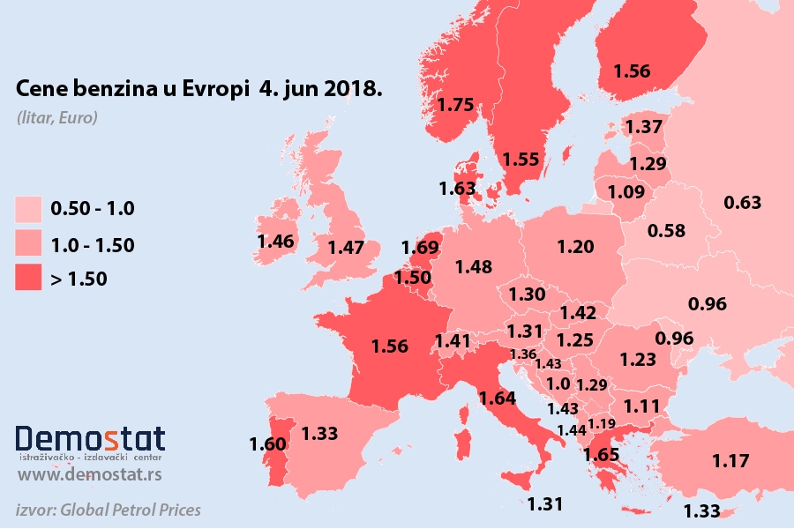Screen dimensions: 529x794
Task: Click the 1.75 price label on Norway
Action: [456, 104]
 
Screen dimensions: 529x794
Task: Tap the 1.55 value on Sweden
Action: [521, 160]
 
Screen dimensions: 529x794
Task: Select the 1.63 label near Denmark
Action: [457, 188]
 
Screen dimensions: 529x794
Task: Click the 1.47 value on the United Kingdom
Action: [346, 248]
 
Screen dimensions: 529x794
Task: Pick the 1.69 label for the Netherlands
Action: [419, 248]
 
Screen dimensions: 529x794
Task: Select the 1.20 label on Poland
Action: [575, 246]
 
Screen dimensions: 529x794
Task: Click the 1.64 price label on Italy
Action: [498, 398]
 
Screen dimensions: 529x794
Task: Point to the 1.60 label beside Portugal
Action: [266, 443]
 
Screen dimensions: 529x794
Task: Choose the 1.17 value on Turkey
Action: [731, 459]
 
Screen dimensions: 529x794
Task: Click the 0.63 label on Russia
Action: [742, 203]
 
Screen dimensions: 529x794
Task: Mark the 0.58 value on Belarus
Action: [667, 231]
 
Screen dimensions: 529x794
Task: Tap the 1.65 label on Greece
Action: [601, 455]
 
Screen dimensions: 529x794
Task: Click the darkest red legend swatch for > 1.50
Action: [28, 279]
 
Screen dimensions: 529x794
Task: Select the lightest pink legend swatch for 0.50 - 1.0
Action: [28, 209]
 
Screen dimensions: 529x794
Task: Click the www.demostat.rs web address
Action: [89, 476]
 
